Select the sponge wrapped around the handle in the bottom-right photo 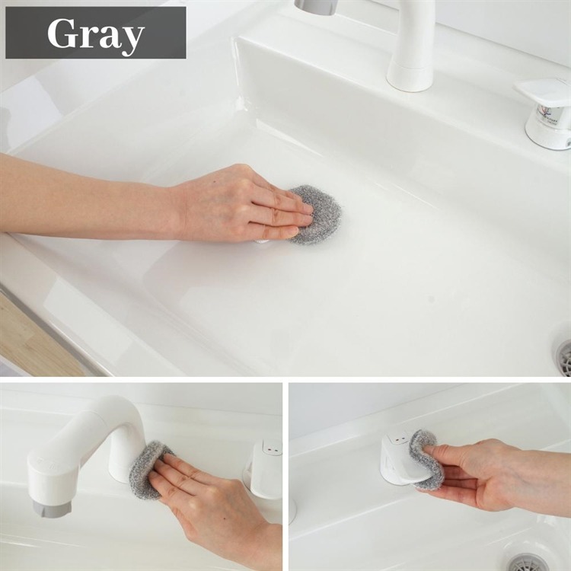424,460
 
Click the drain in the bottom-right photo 525,563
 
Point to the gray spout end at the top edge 316,7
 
